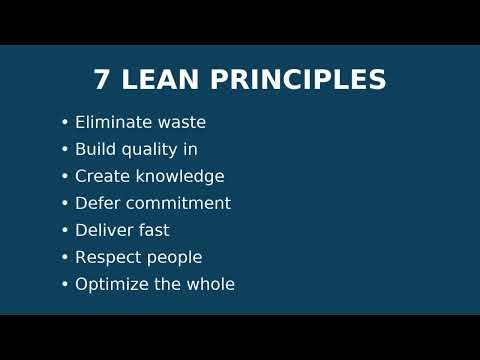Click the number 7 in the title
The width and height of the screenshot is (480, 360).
point(101,81)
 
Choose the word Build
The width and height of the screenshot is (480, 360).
point(95,150)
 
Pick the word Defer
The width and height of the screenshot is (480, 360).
point(97,204)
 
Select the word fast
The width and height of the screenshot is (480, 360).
point(153,231)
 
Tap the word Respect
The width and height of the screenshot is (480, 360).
point(106,258)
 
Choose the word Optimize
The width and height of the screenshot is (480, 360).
point(110,285)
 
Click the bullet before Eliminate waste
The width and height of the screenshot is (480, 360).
point(65,123)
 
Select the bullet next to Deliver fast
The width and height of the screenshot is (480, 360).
point(65,231)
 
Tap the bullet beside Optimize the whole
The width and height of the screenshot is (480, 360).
point(65,285)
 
